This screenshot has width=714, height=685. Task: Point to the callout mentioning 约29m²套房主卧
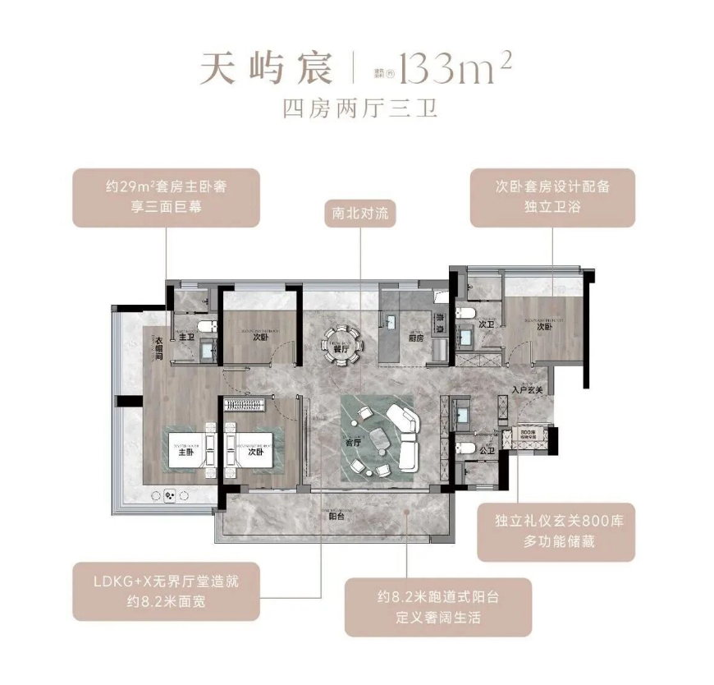(165, 197)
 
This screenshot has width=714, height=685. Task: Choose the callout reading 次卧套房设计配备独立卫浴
(552, 197)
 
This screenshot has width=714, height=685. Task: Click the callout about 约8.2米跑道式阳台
(438, 607)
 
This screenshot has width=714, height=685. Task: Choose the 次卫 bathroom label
(487, 325)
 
